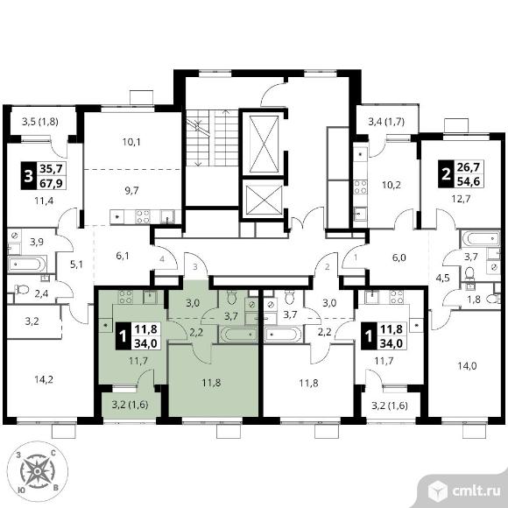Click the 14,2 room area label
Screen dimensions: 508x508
(x=44, y=379)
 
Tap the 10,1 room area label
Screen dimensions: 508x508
(x=131, y=142)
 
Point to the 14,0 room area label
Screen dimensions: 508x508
(x=467, y=366)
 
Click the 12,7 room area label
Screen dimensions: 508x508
(x=461, y=198)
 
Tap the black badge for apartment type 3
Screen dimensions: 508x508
(x=29, y=175)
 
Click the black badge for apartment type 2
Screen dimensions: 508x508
(x=446, y=174)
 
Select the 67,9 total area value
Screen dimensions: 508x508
(x=51, y=183)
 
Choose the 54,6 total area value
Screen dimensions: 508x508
(x=469, y=181)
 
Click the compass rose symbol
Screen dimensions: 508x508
(x=38, y=470)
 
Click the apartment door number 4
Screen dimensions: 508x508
(x=162, y=259)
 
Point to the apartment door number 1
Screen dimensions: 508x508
(x=356, y=258)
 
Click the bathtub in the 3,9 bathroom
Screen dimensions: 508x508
(x=27, y=264)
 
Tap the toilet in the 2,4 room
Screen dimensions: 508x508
(x=22, y=289)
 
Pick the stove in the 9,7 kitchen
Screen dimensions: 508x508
(x=143, y=216)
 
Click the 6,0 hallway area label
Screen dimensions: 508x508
(x=399, y=258)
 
